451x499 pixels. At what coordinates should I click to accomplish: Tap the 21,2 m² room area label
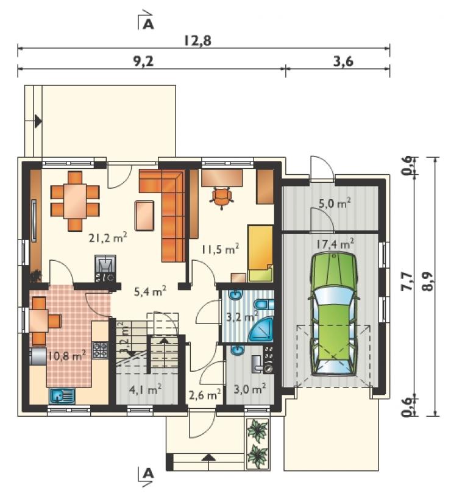point(108,237)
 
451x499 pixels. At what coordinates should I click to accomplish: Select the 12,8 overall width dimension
point(197,41)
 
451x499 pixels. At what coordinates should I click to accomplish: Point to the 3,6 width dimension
point(343,61)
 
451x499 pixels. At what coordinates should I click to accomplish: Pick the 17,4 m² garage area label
point(335,244)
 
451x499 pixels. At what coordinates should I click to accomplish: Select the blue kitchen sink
point(62,396)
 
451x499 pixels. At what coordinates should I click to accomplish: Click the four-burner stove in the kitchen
point(100,350)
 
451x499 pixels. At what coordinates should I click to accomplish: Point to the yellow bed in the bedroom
point(260,253)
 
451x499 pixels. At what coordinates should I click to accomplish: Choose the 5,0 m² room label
point(335,203)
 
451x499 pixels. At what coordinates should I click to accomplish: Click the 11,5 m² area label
point(220,250)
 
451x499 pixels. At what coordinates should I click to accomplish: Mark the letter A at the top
point(148,24)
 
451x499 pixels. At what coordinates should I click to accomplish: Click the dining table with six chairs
point(75,201)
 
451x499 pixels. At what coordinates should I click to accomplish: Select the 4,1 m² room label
point(145,389)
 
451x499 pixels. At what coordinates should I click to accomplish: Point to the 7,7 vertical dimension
point(408,281)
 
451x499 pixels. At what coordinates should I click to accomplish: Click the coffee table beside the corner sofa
point(144,215)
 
